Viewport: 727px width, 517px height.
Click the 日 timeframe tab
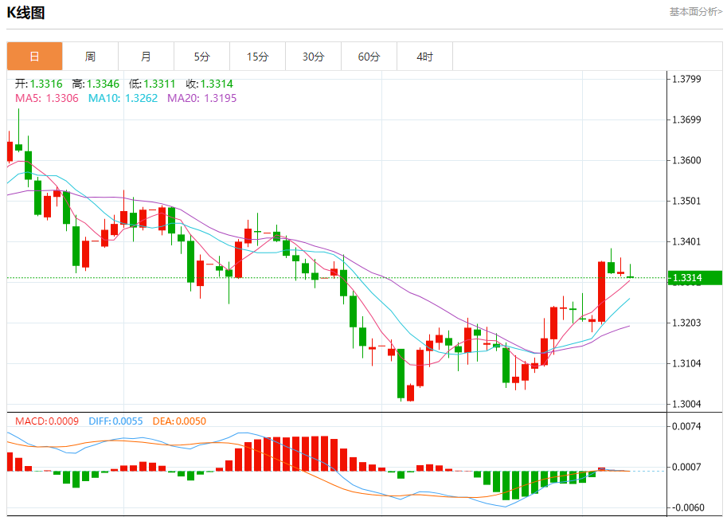34,57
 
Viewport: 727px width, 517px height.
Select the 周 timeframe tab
90,57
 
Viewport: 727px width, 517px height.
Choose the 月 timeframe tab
146,57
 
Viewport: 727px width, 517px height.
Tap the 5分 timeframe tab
201,57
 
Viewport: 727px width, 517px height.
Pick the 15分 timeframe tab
257,57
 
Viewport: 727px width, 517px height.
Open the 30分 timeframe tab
313,57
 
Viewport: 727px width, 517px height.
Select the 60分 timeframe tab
369,57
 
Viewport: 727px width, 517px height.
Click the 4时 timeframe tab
424,57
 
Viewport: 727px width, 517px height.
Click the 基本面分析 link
695,12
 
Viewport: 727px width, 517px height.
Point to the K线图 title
26,13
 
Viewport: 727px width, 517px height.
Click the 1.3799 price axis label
686,79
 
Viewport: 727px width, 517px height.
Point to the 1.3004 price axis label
686,404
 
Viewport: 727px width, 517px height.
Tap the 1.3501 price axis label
686,201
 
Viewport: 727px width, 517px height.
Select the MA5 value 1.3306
62,98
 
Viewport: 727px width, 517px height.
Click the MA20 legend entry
201,98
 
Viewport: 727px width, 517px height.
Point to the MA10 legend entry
123,98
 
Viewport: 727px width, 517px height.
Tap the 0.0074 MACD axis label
686,427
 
